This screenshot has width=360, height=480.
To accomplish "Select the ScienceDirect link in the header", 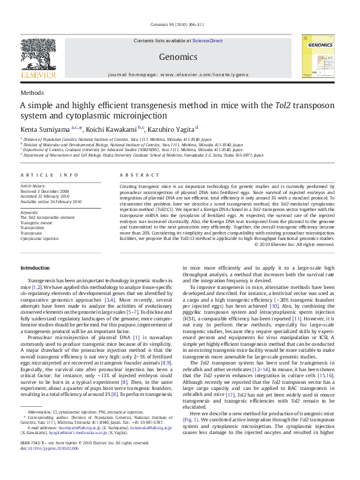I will pos(208,41).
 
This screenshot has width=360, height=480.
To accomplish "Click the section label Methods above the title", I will pos(31,93).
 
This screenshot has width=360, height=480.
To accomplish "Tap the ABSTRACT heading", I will pos(134,175).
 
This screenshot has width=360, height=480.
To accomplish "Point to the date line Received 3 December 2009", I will pos(45,191).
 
